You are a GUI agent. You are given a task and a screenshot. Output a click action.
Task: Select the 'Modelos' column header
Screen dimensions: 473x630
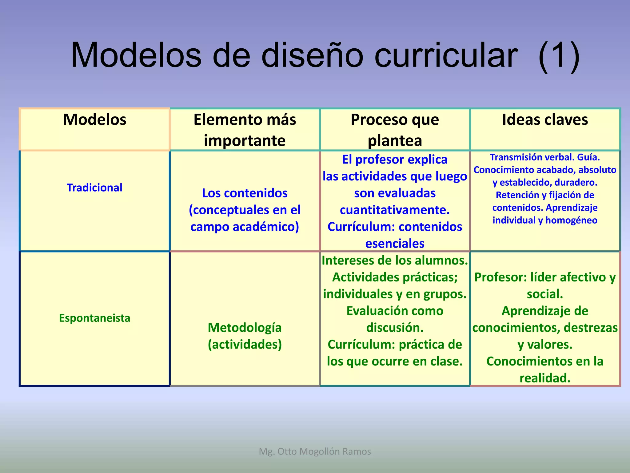click(x=94, y=119)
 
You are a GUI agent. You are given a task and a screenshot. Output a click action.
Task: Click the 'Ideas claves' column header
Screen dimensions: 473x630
click(x=545, y=119)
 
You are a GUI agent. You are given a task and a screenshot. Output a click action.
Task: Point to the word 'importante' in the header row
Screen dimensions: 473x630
click(x=245, y=140)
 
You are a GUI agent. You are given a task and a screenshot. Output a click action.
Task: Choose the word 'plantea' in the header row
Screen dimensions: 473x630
click(x=395, y=140)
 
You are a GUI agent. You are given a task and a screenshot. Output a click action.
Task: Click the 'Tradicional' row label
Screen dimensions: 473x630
click(x=94, y=188)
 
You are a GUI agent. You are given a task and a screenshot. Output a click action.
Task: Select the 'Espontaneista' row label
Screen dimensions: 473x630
click(x=94, y=318)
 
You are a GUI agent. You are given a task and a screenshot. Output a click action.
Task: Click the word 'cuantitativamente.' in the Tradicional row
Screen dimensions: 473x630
click(x=395, y=210)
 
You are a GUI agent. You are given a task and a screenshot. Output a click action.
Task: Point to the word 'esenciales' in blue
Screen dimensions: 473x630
click(x=395, y=244)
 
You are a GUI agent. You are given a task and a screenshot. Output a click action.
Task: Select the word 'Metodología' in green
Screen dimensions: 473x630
click(x=245, y=327)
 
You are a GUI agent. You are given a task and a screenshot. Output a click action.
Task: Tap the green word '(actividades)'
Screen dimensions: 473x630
click(x=245, y=344)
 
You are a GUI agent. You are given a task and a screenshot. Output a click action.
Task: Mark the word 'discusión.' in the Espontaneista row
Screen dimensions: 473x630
click(x=395, y=328)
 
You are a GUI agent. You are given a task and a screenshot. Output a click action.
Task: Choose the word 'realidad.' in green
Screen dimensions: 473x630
click(x=545, y=378)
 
